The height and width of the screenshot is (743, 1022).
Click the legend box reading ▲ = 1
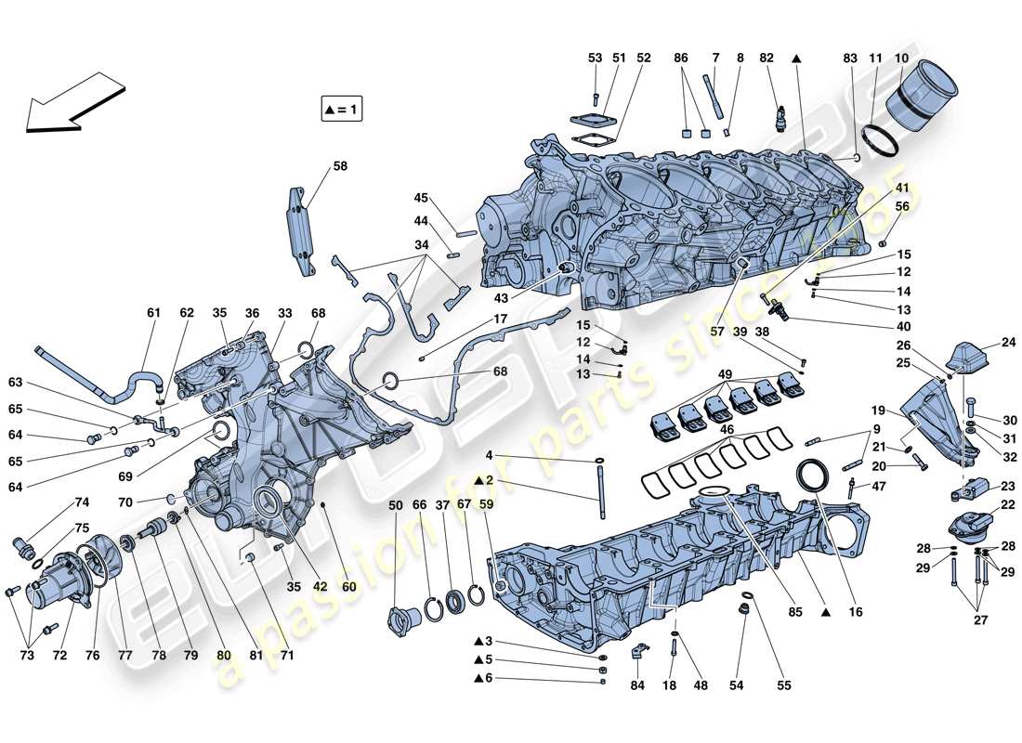pos(341,110)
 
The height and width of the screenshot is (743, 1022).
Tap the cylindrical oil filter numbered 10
pos(923,98)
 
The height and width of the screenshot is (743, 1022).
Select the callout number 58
pos(340,167)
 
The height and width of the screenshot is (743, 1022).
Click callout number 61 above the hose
pos(154,313)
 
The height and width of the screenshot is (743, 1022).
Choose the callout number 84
pos(636,687)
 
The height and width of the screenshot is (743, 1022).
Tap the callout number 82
pos(766,58)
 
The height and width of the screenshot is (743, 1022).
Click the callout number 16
pos(856,612)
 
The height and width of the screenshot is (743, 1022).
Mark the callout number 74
pos(82,502)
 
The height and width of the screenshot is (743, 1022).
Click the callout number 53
pos(596,58)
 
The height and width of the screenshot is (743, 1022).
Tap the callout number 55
pos(785,686)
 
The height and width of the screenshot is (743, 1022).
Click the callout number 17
pos(500,319)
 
